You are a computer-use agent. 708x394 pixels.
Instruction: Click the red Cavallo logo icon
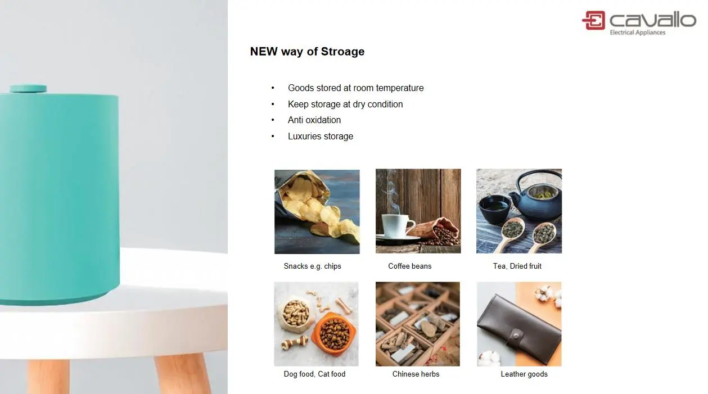point(594,20)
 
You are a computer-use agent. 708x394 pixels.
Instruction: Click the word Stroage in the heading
point(342,52)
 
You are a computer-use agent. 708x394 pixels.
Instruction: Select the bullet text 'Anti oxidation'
point(314,120)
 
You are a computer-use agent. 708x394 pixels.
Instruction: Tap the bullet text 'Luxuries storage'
point(321,136)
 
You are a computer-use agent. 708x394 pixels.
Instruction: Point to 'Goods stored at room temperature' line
point(355,88)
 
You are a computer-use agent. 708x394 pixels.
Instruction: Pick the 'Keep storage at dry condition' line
point(345,104)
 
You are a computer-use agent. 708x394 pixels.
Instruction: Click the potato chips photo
point(317,211)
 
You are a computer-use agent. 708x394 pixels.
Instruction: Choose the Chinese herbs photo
point(417,324)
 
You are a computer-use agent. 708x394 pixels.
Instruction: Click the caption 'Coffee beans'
point(409,266)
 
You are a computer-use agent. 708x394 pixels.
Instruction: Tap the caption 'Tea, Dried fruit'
point(517,266)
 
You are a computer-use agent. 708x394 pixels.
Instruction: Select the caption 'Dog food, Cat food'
point(314,374)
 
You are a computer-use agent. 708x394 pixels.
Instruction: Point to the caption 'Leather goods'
point(524,374)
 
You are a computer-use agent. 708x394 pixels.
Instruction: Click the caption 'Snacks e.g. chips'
point(312,266)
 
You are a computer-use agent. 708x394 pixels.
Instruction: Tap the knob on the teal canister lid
point(28,89)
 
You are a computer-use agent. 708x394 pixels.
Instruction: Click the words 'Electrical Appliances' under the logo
point(637,33)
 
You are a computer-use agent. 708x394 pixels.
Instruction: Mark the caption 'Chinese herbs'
point(416,374)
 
